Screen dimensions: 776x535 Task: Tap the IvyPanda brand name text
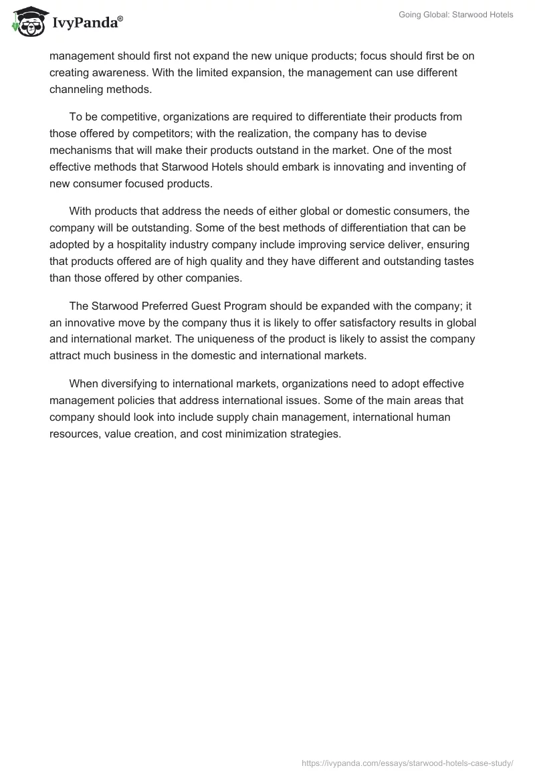pyautogui.click(x=87, y=23)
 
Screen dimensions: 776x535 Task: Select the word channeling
pyautogui.click(x=80, y=89)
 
